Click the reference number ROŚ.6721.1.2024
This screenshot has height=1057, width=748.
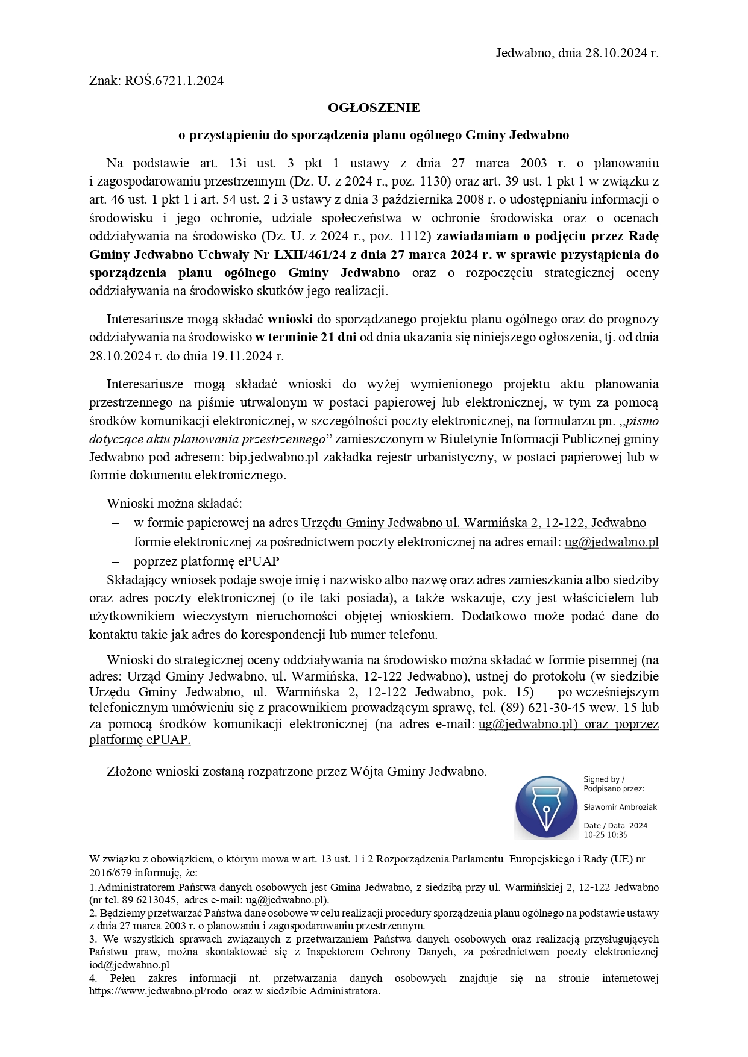pos(174,81)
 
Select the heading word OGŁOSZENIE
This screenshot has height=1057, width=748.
pos(374,108)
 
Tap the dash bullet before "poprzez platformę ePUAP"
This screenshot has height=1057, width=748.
pos(115,561)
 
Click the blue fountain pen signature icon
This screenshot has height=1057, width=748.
pos(546,808)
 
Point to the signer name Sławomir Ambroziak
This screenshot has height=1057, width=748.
pos(620,808)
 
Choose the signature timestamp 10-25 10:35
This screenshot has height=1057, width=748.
pos(605,835)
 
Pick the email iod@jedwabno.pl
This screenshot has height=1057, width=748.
pos(130,965)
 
